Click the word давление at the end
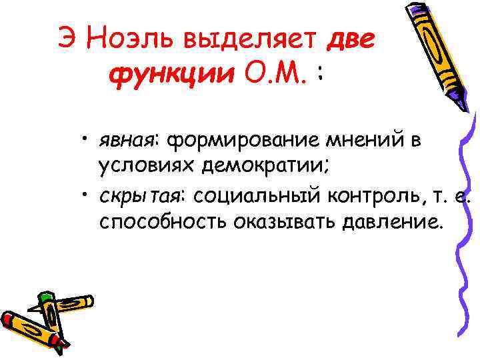point(391,221)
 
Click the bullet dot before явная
point(87,139)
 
